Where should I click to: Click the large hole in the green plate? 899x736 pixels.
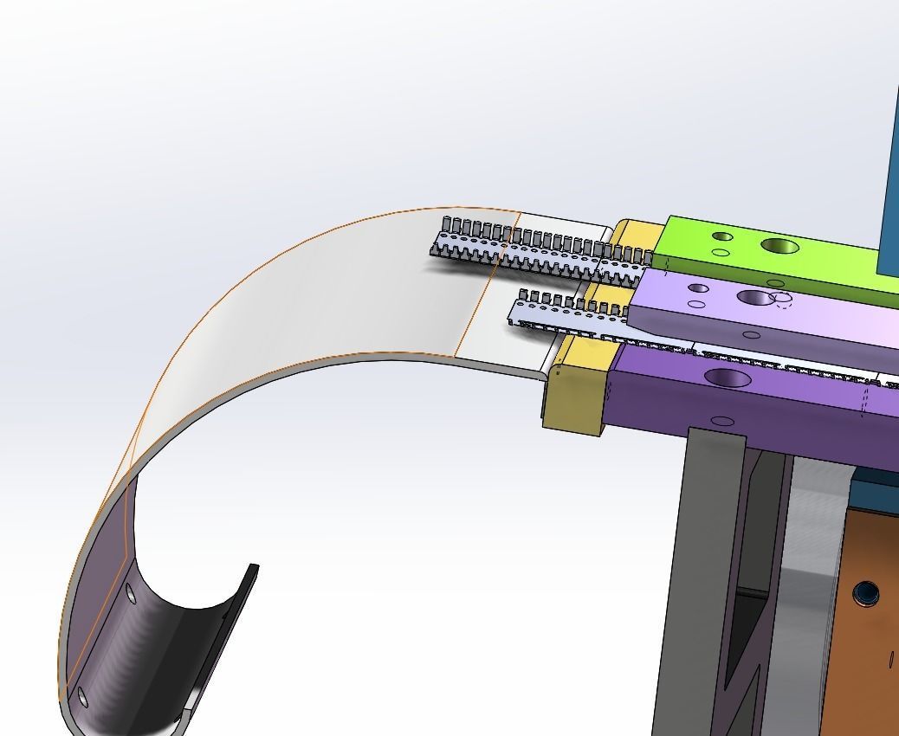pos(779,247)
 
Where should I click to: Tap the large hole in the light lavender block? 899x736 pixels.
pos(754,298)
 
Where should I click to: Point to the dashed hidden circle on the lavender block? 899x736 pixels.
pos(781,300)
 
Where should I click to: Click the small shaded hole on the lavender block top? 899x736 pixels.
pos(698,288)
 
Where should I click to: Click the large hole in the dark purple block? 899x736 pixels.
pos(729,378)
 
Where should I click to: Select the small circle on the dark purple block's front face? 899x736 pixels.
pos(721,422)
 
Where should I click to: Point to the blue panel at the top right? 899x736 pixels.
pos(889,173)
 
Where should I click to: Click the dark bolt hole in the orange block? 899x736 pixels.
pos(863,593)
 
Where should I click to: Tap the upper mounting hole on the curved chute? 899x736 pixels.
pos(131,593)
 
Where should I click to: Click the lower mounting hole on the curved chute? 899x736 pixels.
pos(82,696)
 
